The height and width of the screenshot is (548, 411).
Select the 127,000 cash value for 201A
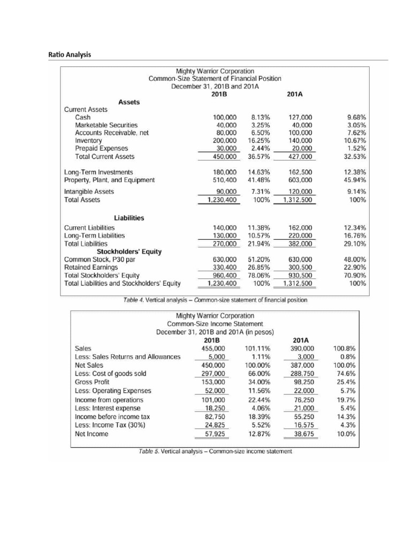point(302,117)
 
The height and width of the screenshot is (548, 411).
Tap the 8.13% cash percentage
point(260,117)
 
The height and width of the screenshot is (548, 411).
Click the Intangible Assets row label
point(89,191)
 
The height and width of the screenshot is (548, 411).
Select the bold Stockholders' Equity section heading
point(130,251)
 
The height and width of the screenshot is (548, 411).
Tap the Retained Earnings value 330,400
point(225,267)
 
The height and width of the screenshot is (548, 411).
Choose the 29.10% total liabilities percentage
point(355,243)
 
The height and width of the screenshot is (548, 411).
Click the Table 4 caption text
point(215,300)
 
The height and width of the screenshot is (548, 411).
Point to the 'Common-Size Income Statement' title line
point(215,324)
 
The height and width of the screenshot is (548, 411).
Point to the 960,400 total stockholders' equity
point(225,275)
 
